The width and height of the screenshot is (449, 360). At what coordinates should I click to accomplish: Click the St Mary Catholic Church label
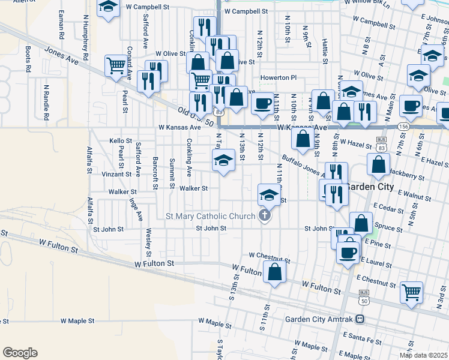(210, 216)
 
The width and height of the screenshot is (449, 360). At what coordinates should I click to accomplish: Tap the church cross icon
(264, 216)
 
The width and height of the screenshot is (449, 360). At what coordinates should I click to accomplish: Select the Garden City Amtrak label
(321, 319)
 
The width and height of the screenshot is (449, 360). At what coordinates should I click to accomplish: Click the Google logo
(20, 353)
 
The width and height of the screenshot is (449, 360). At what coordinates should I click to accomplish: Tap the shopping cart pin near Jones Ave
(116, 65)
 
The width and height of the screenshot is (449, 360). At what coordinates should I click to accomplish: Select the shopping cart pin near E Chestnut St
(412, 292)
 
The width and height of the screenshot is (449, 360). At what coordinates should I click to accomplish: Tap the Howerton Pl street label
(278, 78)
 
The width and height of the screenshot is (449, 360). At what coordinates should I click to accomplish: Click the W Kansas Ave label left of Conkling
(179, 128)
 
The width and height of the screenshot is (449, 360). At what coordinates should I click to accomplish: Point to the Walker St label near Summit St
(193, 188)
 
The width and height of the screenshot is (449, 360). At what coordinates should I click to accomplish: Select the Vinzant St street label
(116, 174)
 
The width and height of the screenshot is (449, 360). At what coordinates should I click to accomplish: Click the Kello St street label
(120, 141)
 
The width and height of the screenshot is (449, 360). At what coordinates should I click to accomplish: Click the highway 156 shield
(402, 127)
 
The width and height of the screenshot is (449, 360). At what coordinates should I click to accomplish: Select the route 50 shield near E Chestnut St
(363, 301)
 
